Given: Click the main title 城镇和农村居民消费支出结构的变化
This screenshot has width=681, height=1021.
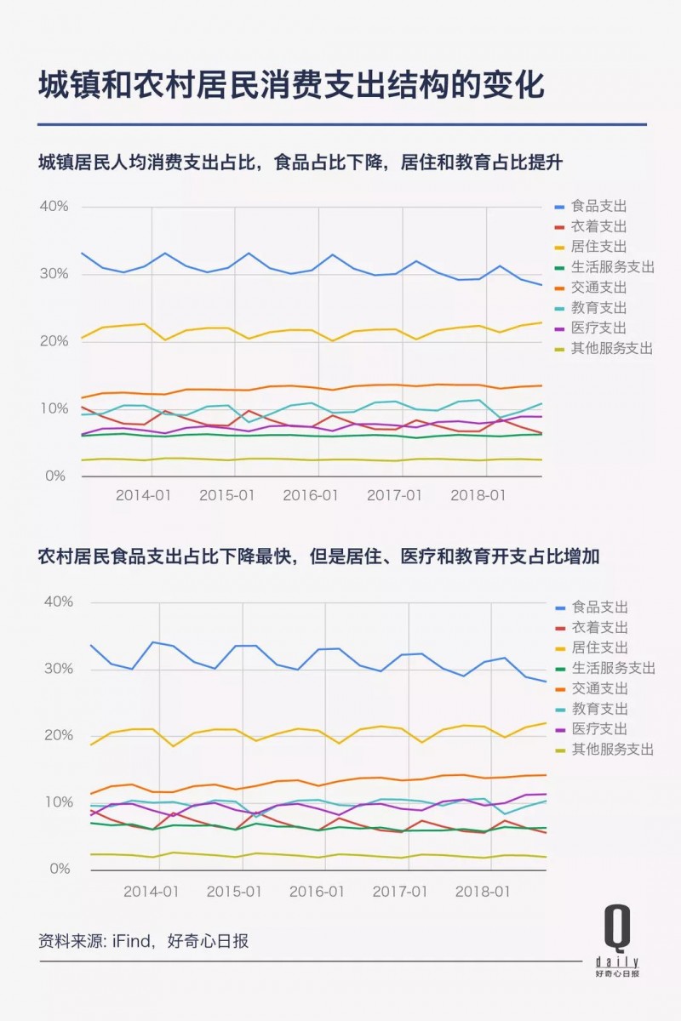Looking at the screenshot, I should (290, 86).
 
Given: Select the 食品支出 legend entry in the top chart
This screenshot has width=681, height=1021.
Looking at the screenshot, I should (598, 207).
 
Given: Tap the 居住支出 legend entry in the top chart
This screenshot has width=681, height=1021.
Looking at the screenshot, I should (598, 247).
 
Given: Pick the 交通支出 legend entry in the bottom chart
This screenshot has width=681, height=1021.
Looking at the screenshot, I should (598, 688).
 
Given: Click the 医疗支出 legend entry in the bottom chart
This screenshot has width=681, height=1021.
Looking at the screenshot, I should (598, 729).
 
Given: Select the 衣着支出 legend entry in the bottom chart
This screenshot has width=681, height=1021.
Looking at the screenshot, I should (598, 628).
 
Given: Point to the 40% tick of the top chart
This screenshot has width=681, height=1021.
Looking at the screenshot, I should (53, 207).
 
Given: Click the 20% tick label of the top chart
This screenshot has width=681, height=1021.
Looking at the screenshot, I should (53, 341).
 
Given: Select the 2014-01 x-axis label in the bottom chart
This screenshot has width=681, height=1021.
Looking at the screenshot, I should (151, 891).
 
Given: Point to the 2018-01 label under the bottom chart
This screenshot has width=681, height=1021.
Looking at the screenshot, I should (484, 891).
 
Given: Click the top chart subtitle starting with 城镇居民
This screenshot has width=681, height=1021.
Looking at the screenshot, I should (300, 163).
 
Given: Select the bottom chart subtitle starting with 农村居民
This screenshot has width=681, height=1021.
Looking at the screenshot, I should (318, 557).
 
